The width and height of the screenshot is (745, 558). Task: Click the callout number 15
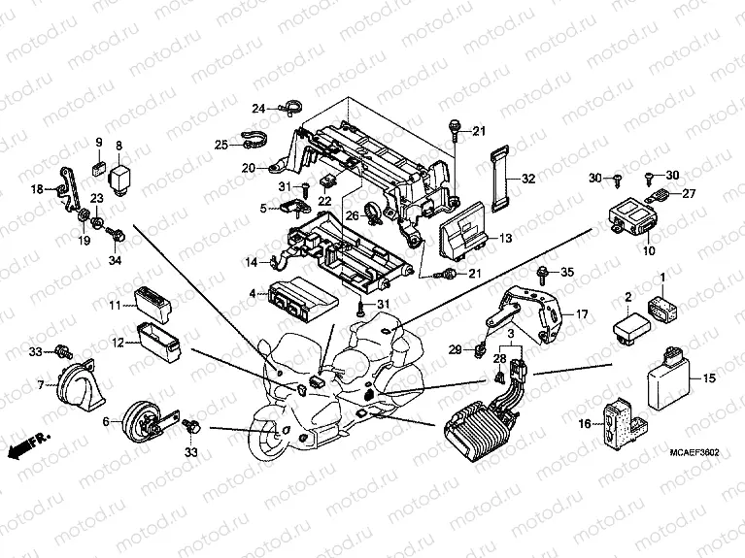click(x=709, y=377)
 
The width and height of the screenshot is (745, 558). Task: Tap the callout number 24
click(x=259, y=107)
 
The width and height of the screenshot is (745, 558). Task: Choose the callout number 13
click(x=506, y=238)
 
